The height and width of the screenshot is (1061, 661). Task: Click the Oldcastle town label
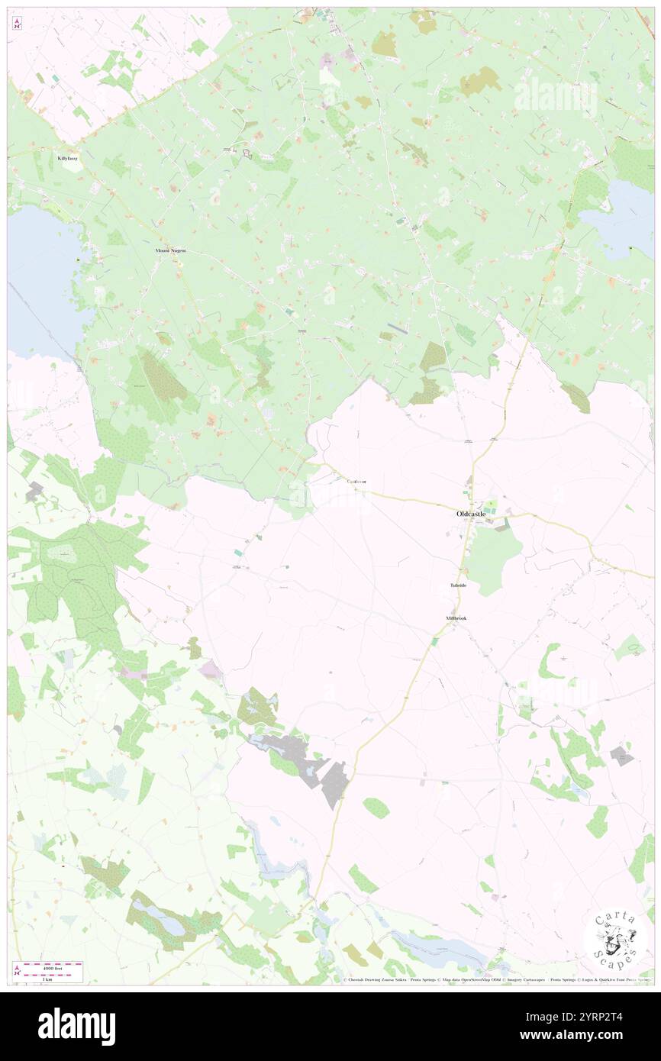(471, 514)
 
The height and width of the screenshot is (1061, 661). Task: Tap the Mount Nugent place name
(170, 251)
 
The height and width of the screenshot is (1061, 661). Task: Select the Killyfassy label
(67, 158)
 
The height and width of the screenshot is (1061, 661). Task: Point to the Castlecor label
(356, 482)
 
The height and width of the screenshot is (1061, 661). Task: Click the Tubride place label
(458, 585)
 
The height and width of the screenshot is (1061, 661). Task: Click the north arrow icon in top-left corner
(17, 24)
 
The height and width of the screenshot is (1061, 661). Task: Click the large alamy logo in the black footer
(76, 1026)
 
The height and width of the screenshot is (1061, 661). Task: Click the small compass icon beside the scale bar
(17, 971)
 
